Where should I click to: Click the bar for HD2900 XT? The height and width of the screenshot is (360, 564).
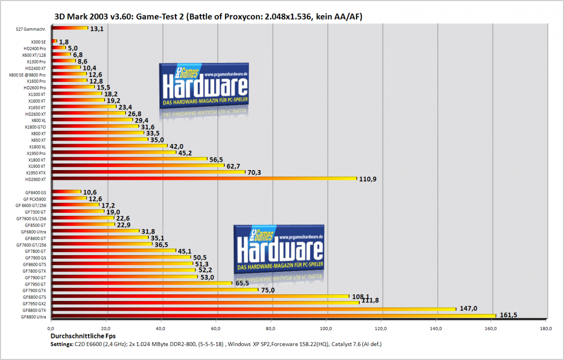point(204,179)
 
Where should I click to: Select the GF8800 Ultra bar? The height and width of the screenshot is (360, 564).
point(274,316)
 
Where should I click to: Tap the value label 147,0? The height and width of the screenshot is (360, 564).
point(468,308)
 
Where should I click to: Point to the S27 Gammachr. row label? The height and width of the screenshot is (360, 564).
point(31,29)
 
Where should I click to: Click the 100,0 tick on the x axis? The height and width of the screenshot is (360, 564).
point(326,329)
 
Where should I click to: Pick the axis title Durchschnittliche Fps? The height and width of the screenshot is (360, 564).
point(83,336)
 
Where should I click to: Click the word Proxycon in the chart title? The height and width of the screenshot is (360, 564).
point(242,17)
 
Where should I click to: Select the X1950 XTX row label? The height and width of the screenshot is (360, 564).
point(36,173)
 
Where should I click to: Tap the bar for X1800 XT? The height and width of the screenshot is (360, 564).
point(130,159)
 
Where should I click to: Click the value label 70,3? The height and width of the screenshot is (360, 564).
point(254,172)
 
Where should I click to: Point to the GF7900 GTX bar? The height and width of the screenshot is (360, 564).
point(155,290)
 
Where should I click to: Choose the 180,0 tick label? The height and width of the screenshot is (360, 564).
point(546,329)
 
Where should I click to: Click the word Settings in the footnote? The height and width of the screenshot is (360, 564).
point(61,344)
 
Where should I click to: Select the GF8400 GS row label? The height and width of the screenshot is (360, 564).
point(36,193)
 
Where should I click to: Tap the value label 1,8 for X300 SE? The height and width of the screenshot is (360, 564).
point(64,42)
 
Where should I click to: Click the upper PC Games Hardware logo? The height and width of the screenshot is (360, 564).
point(204,85)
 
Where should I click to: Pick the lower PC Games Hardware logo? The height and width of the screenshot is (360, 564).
point(279,249)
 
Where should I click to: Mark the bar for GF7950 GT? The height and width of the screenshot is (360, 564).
point(142,283)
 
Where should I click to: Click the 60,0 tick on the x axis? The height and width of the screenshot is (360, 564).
point(216,329)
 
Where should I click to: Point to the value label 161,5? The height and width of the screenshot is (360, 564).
point(508,315)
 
